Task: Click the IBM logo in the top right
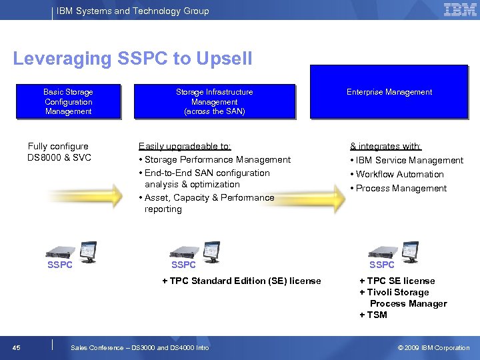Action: [459, 10]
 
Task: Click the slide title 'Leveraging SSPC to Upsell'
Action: [133, 59]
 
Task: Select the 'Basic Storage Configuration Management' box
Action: [68, 102]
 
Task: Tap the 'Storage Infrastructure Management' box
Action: [214, 102]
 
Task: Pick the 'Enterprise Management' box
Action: [389, 92]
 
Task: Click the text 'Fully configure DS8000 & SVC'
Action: [59, 152]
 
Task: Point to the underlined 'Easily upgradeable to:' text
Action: [185, 145]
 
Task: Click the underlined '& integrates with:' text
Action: [386, 146]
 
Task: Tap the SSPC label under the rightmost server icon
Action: [382, 265]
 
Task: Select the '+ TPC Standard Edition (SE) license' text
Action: [241, 281]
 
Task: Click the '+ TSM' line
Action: [373, 315]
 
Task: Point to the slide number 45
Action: [16, 347]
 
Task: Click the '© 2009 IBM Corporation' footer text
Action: [433, 347]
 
